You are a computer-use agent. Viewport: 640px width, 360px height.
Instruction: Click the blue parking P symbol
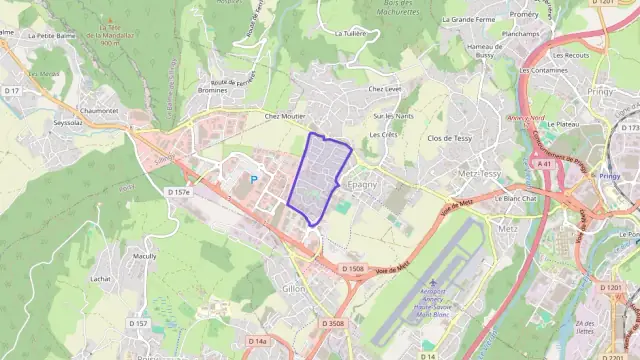tap(253, 179)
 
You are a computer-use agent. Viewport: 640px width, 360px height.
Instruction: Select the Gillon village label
tap(294, 287)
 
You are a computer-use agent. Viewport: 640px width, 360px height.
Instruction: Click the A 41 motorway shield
tap(544, 163)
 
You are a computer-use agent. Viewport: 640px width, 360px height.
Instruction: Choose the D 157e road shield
tap(179, 191)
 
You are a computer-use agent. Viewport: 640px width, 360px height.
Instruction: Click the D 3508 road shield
tap(334, 323)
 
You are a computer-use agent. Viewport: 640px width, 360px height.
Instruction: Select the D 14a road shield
tap(257, 341)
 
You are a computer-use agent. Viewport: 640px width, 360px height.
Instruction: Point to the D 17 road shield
tap(12, 91)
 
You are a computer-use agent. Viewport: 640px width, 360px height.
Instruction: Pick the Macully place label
tap(145, 256)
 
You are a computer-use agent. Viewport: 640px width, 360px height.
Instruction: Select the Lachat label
tap(98, 279)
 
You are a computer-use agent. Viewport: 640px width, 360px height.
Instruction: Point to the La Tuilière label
tap(351, 33)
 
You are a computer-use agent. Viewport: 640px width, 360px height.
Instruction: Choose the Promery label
tap(524, 15)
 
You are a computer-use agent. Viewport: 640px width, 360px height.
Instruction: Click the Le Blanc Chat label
tap(517, 197)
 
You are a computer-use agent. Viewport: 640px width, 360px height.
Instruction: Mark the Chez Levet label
tap(384, 89)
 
